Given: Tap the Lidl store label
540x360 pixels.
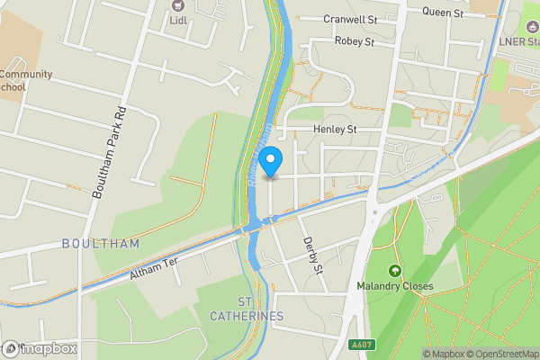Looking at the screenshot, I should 178,21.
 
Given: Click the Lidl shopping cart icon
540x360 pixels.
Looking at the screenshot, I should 177,5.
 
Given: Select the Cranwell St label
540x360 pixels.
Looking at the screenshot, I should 352,19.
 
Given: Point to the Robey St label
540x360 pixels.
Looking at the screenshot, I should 354,41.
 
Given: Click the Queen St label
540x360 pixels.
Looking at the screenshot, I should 443,13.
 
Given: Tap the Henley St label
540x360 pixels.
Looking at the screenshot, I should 335,130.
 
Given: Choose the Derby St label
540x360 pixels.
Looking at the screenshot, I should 312,248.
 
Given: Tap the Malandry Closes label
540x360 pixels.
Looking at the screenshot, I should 393,286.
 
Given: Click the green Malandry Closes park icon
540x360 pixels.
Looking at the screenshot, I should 393,271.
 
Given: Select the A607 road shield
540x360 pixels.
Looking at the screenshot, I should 362,345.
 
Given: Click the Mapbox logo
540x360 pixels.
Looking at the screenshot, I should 40,348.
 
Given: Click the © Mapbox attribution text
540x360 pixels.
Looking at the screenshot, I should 446,354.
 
